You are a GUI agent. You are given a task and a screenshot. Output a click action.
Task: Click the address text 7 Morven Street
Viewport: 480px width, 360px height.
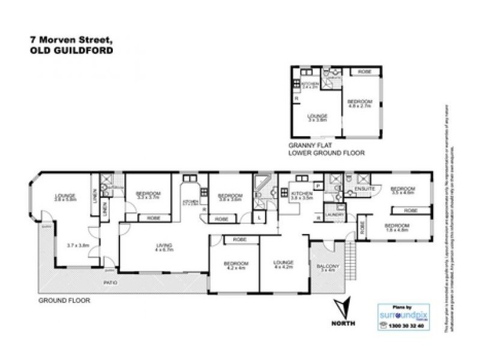(70, 40)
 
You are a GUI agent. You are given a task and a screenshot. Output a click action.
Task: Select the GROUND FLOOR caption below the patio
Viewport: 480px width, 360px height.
(64, 300)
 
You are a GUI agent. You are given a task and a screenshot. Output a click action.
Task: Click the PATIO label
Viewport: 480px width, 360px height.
(109, 282)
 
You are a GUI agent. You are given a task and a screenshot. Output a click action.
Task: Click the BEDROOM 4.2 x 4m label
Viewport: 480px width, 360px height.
(236, 266)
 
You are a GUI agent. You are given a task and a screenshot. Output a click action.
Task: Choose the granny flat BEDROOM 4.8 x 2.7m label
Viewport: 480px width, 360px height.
(360, 103)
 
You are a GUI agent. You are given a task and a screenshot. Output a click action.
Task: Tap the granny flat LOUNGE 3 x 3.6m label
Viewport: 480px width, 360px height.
(317, 118)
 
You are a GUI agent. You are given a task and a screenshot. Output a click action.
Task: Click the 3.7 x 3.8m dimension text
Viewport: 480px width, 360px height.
(78, 245)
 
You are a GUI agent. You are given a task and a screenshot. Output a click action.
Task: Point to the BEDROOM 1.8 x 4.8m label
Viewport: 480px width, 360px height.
(396, 227)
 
